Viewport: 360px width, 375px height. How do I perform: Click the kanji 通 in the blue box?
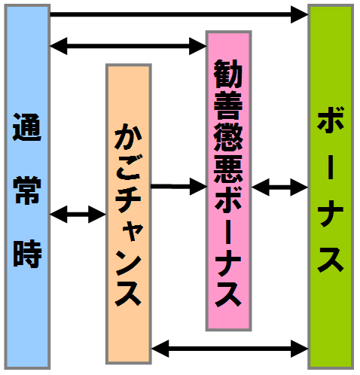pos(27,127)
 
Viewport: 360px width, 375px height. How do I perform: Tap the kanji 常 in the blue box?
pos(27,190)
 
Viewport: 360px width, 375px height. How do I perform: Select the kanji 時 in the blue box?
pos(27,254)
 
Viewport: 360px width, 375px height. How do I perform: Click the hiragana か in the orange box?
pos(128,136)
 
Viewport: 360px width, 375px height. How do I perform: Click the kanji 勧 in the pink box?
pos(228,74)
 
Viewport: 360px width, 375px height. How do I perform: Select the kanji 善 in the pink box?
pos(228,105)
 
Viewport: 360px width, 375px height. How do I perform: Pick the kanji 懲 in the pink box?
pos(228,137)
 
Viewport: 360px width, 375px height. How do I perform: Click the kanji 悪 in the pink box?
pos(228,169)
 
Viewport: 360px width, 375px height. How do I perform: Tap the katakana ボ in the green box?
pos(331,119)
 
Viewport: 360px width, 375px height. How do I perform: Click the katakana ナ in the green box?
pos(331,213)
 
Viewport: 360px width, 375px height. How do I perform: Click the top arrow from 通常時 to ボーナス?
pos(179,14)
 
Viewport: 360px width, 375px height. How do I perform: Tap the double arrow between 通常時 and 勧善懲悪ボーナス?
pos(128,46)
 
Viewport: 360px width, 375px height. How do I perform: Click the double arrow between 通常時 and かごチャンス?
pos(78,215)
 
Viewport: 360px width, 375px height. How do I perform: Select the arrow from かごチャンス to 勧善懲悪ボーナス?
pos(179,187)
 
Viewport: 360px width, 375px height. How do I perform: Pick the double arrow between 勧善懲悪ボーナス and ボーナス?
pos(280,187)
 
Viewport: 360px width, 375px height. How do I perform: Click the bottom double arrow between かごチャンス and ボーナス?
pos(230,349)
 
